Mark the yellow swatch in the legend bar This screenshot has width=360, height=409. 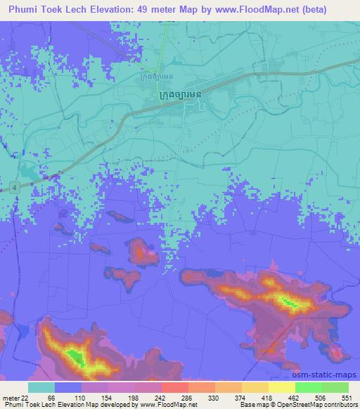[281, 387]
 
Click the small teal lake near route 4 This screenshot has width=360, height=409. [29, 171]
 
